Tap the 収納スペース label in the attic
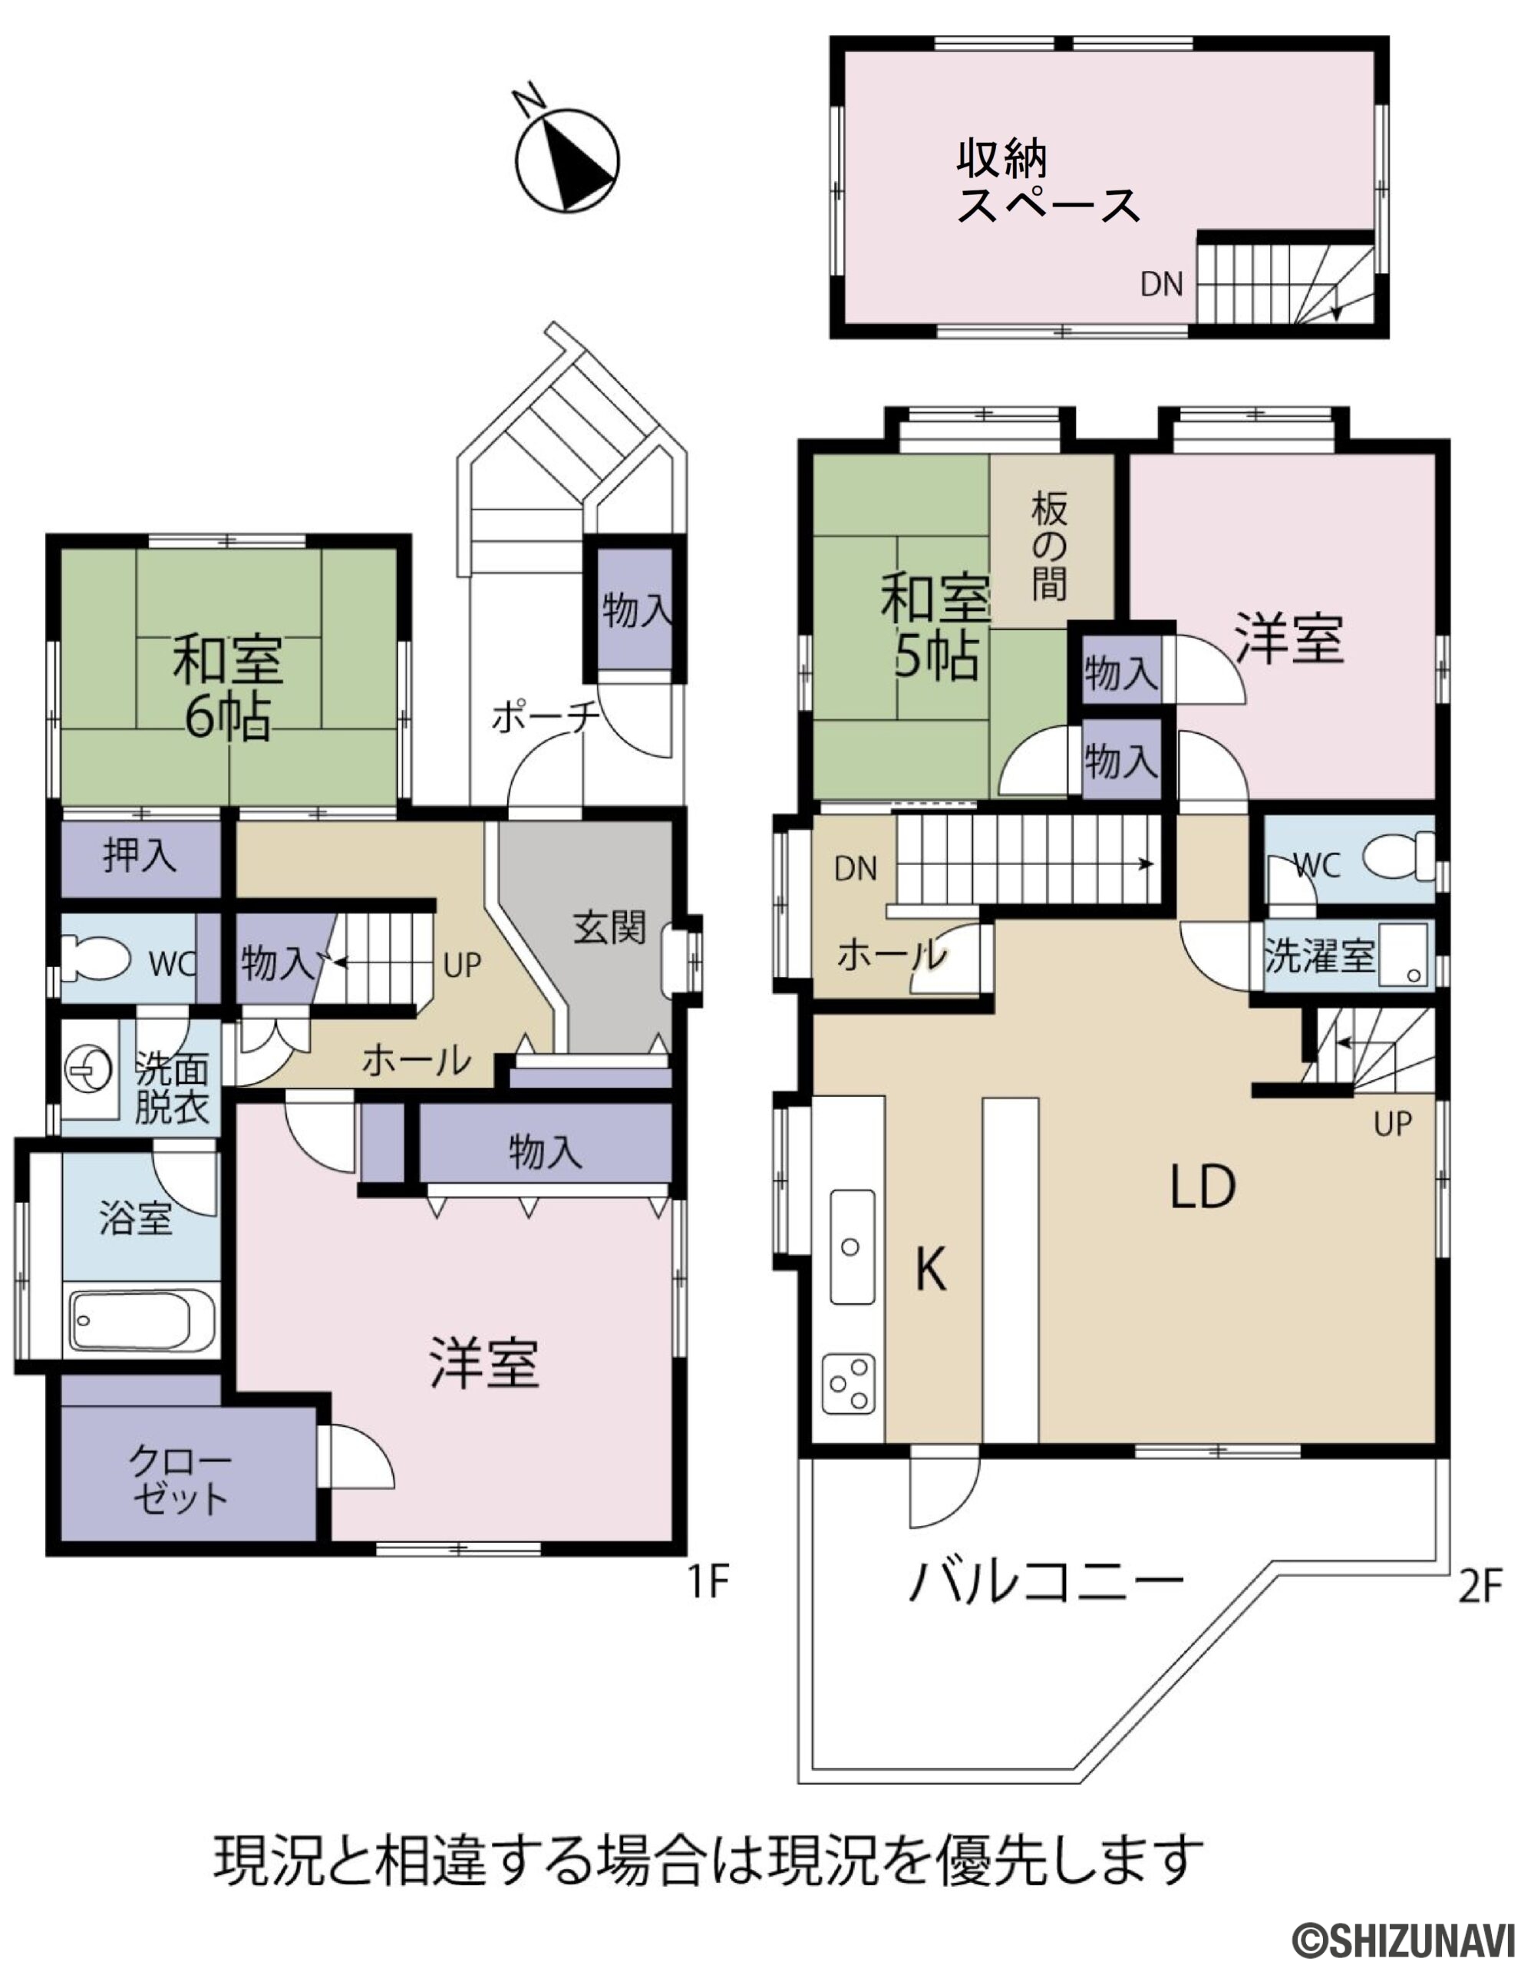(x=1048, y=183)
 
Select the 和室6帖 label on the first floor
(x=228, y=686)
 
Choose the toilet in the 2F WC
(x=1397, y=856)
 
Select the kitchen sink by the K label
(x=851, y=1247)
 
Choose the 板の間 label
(x=1049, y=547)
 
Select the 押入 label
(x=140, y=855)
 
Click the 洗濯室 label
(x=1321, y=956)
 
